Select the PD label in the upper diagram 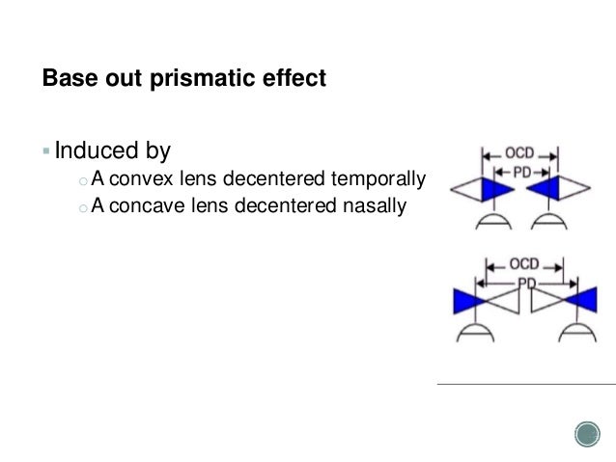click(x=520, y=169)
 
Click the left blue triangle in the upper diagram click(x=498, y=188)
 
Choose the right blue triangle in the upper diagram click(x=544, y=188)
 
